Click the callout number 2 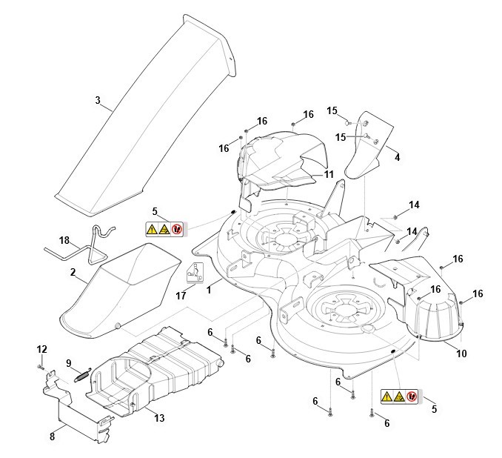(73, 273)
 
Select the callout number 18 (64, 241)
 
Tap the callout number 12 (41, 349)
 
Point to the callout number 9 (69, 362)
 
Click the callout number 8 (52, 437)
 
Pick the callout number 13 (158, 419)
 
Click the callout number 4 (397, 157)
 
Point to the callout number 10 (461, 354)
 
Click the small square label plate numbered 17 (194, 272)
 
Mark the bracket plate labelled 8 (78, 411)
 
